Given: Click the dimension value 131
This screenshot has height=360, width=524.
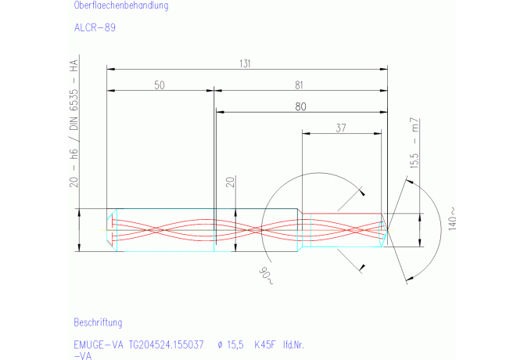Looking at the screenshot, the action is [246, 65].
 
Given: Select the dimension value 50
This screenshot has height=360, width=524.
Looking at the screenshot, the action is [159, 86].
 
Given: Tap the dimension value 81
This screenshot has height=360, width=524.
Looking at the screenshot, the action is [300, 86].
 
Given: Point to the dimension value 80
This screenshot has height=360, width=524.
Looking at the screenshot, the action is [300, 106].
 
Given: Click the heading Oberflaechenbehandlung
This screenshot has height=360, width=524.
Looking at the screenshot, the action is [120, 5].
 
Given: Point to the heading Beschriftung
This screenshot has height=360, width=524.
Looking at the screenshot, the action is [98, 322].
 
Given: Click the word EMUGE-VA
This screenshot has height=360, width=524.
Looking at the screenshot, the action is [99, 344].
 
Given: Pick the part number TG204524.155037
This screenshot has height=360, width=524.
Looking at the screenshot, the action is [167, 344].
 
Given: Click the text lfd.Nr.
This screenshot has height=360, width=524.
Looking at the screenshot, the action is [295, 344].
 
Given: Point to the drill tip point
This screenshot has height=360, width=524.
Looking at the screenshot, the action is [389, 231].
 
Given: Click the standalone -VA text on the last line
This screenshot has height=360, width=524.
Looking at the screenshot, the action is [83, 355].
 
